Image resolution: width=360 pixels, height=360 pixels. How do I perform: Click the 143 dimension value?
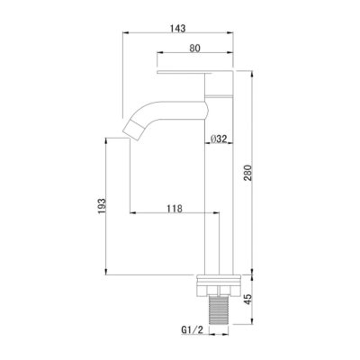178,28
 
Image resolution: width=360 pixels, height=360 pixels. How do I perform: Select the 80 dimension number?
194,48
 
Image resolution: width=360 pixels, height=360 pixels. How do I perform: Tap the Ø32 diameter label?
219,139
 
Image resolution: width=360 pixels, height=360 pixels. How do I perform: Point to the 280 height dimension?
247,173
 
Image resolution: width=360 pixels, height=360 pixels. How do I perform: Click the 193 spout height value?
102,206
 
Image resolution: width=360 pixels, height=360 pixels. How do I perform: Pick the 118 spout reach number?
175,208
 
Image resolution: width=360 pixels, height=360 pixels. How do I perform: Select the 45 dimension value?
247,300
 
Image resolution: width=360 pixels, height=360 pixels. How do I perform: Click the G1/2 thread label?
193,330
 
